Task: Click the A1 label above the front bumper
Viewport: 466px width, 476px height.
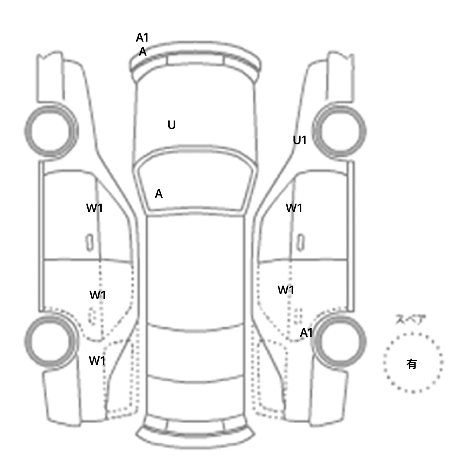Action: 142,38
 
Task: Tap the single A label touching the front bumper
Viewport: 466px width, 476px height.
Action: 143,52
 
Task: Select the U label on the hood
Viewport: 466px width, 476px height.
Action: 171,125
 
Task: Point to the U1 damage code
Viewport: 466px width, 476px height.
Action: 299,140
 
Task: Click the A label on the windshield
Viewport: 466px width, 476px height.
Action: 159,194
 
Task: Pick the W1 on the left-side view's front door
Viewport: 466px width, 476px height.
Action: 94,208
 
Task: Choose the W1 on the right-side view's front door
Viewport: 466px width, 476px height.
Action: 294,208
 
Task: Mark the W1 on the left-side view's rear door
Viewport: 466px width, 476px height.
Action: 97,295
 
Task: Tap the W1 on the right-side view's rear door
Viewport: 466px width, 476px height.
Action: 286,290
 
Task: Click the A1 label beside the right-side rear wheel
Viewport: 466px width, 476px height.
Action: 306,333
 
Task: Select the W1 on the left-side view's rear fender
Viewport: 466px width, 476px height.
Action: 97,361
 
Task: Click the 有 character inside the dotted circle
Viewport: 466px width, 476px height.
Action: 412,364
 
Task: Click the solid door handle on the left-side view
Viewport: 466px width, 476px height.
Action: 89,242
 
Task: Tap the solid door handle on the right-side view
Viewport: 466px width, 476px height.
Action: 301,242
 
